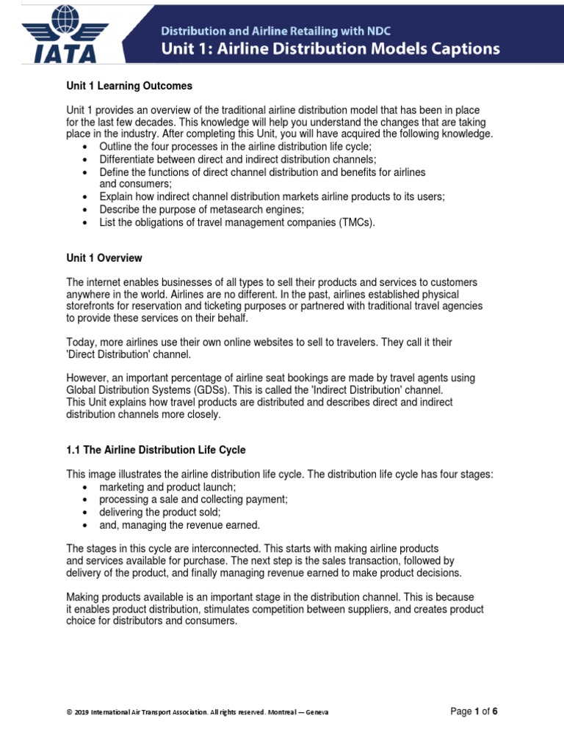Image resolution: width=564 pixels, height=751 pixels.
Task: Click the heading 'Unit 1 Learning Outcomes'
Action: click(x=129, y=86)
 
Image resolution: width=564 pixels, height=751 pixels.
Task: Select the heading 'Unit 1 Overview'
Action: click(x=104, y=258)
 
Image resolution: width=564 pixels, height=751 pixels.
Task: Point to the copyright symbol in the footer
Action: click(x=69, y=712)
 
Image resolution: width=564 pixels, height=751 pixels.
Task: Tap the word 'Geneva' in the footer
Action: click(x=317, y=712)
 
